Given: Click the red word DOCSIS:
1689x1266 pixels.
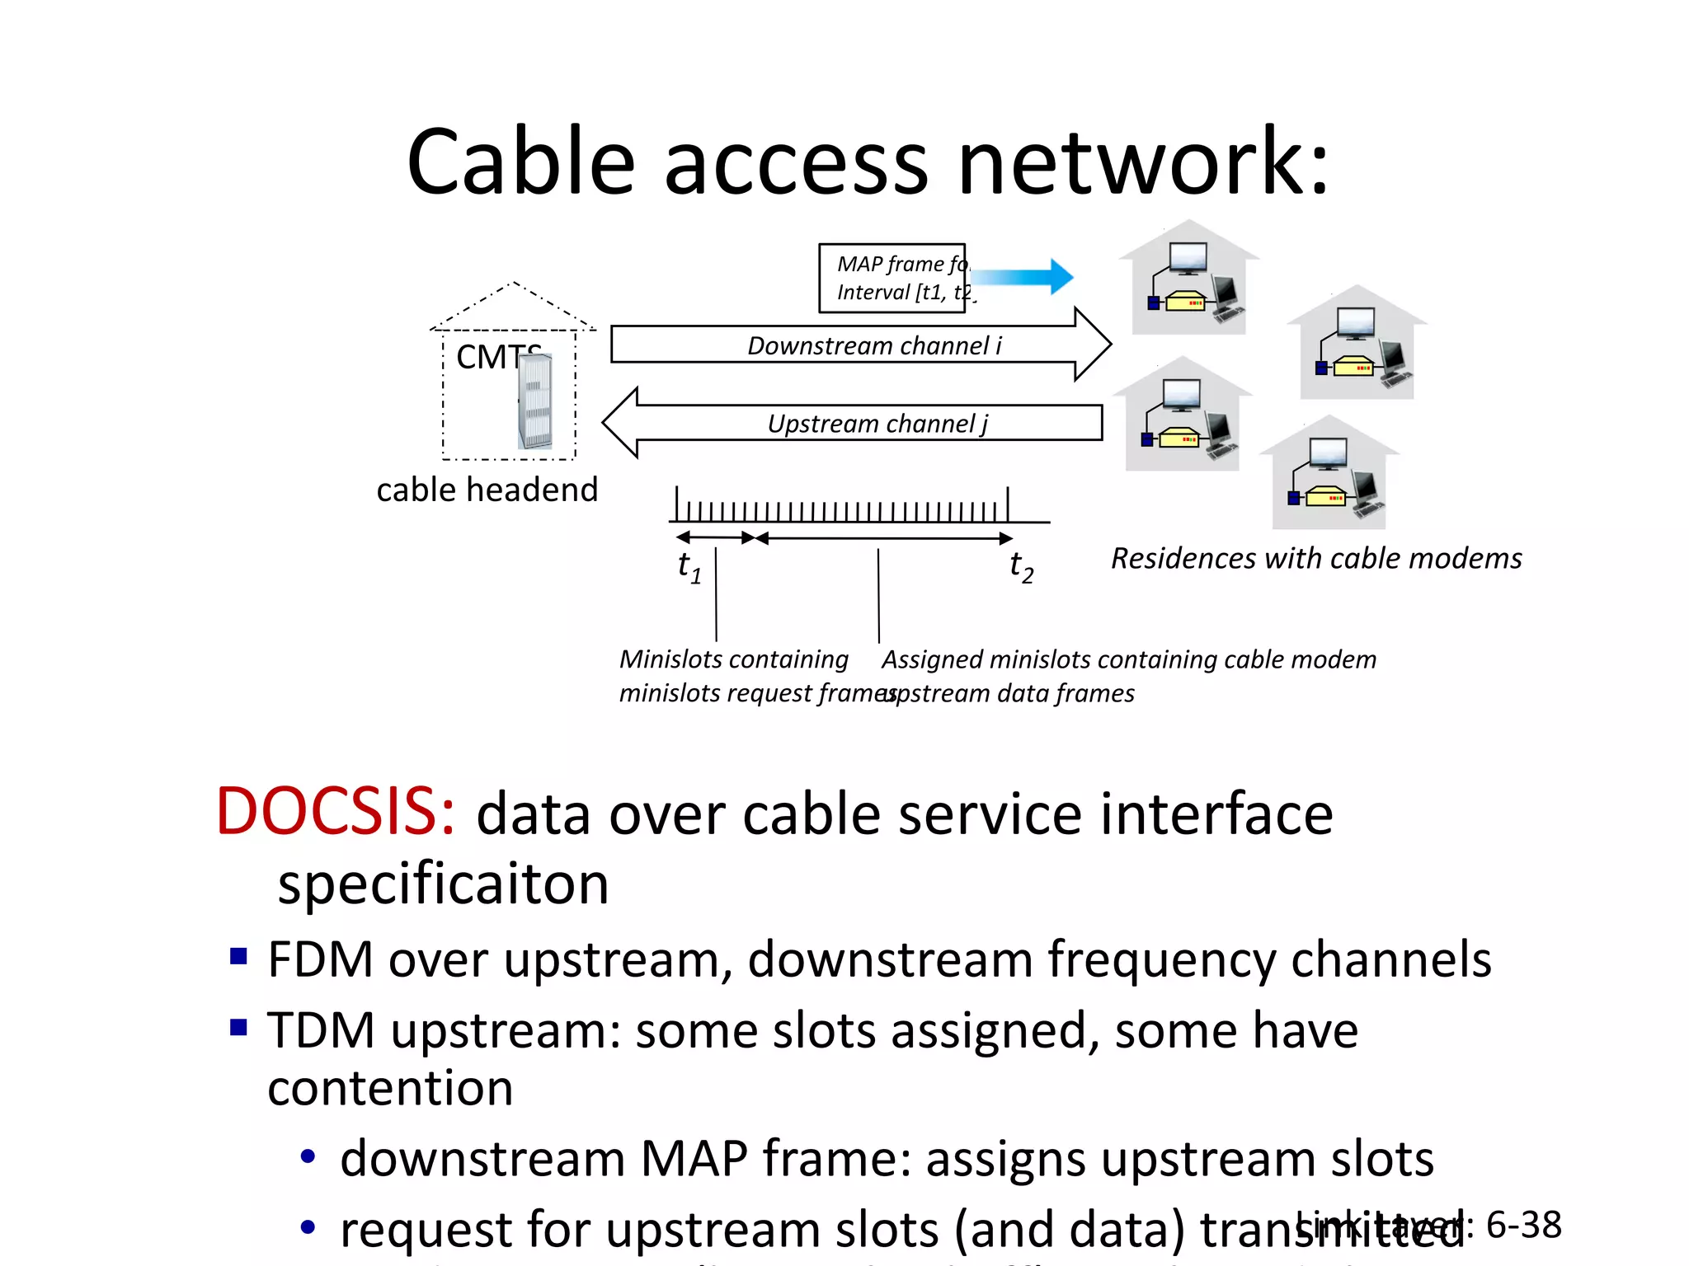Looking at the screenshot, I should pos(335,813).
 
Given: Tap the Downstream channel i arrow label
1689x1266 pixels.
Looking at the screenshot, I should pos(873,345).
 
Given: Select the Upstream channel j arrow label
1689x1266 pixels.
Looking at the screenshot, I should pos(877,424).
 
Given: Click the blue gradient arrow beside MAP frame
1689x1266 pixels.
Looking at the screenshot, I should pos(1023,277).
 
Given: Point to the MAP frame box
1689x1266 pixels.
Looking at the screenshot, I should pos(892,279).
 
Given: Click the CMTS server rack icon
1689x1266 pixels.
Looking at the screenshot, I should pos(535,402).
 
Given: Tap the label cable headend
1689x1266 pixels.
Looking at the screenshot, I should pos(487,490).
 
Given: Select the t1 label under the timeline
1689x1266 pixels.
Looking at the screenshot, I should pos(689,567).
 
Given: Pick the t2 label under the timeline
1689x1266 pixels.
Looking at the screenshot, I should pos(1021,567).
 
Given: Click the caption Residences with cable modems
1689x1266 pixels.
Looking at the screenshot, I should pos(1315,559).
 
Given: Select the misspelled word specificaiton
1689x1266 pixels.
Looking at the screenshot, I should pos(443,884).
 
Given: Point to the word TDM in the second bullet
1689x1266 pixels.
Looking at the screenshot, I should pos(321,1030).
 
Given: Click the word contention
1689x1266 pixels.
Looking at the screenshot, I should pos(390,1089).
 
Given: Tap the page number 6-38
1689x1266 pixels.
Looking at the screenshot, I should pos(1523,1225).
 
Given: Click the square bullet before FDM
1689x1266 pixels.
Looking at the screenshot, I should pos(238,957).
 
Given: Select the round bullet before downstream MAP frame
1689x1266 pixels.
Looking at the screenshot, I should pos(308,1157).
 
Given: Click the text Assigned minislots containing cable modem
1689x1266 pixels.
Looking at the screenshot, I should pos(1128,659).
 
